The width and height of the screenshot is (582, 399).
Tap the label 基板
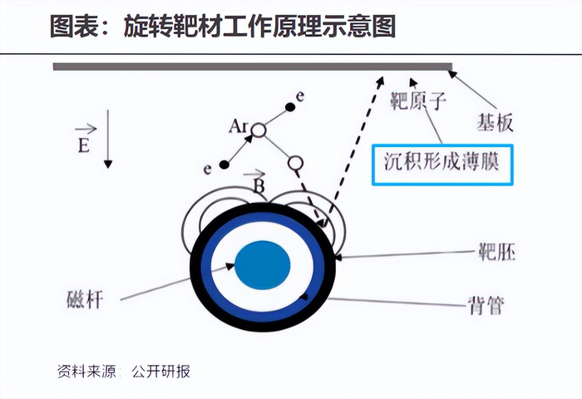click(495, 122)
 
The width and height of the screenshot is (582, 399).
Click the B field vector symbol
click(259, 185)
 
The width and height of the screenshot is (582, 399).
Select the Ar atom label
click(239, 127)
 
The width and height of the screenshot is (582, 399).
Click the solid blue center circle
click(263, 267)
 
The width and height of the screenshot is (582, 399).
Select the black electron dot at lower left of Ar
click(223, 164)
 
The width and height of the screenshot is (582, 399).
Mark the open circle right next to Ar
click(259, 131)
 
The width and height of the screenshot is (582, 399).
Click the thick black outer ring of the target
click(198, 267)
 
